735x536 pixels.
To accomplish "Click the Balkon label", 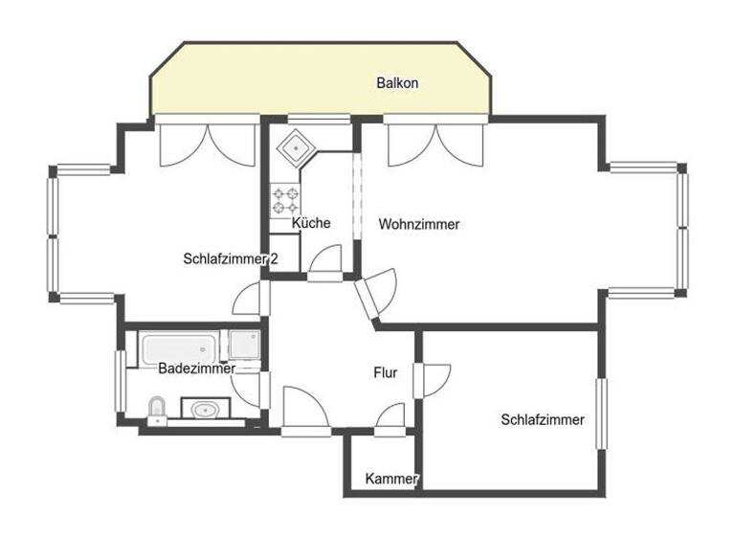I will [396, 83].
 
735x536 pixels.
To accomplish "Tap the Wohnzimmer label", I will [419, 225].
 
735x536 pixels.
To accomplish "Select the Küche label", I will [311, 223].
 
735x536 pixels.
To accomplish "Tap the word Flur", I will [385, 373].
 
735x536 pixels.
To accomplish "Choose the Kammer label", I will [392, 479].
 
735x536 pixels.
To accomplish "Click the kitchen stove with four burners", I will [286, 200].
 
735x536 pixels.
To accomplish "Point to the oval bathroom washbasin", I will [206, 411].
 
